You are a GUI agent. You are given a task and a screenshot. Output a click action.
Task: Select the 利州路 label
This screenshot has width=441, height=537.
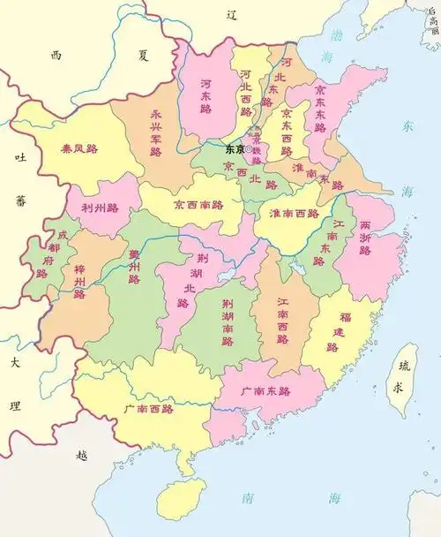(100, 208)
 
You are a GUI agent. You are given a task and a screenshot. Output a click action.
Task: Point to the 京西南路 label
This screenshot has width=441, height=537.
(203, 204)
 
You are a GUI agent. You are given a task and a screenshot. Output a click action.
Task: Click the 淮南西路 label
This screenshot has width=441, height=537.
(294, 212)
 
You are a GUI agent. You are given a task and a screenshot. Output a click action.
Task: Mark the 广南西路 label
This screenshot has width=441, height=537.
(149, 409)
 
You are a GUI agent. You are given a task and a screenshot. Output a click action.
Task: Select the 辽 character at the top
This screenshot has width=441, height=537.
(233, 14)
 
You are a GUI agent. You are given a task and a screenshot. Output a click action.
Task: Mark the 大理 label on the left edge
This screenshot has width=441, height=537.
(14, 384)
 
